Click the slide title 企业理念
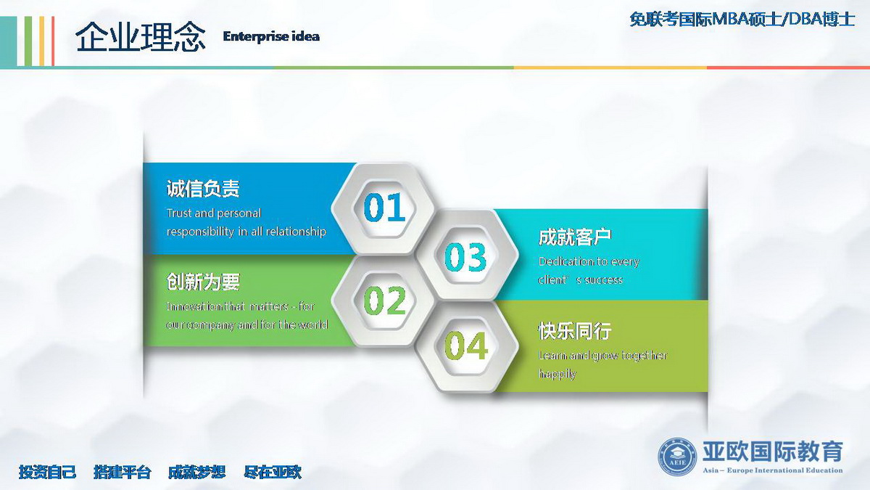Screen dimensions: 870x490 (x=140, y=36)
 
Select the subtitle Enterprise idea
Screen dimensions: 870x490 (x=271, y=36)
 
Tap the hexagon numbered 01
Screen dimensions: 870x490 (x=384, y=208)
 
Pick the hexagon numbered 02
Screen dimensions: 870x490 (x=384, y=301)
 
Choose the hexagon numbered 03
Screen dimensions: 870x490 (x=466, y=255)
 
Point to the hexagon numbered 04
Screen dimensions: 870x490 (x=466, y=347)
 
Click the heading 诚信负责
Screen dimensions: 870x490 (x=203, y=189)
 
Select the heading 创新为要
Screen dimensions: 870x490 (x=203, y=282)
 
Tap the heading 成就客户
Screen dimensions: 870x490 (x=575, y=237)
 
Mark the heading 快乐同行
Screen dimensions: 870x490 (x=575, y=331)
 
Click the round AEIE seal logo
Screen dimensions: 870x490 (x=677, y=457)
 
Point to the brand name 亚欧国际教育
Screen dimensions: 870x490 (x=773, y=452)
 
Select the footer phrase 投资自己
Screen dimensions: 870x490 (x=47, y=472)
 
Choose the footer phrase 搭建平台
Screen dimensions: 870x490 (x=123, y=472)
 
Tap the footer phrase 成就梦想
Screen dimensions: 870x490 (x=197, y=472)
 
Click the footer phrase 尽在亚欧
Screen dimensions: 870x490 (x=273, y=472)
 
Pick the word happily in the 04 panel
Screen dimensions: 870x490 (x=557, y=374)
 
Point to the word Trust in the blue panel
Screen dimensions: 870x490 (x=179, y=213)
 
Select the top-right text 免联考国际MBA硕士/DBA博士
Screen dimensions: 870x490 (x=742, y=20)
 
